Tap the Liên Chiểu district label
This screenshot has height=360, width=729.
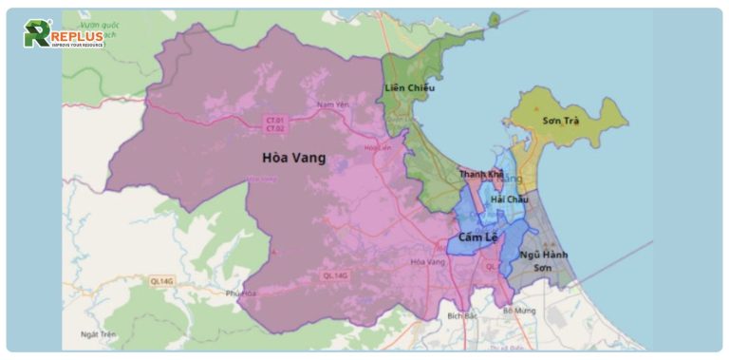[409, 88]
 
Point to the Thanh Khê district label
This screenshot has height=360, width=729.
[481, 175]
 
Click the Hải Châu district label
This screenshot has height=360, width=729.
[509, 199]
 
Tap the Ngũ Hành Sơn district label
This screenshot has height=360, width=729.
[543, 261]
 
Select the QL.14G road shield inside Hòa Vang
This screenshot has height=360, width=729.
[336, 275]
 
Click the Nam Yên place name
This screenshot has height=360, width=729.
[327, 104]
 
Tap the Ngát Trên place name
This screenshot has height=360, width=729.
[98, 334]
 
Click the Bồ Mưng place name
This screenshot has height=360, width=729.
[519, 311]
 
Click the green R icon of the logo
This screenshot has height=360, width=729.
[36, 34]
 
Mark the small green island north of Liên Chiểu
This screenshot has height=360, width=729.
[495, 18]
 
